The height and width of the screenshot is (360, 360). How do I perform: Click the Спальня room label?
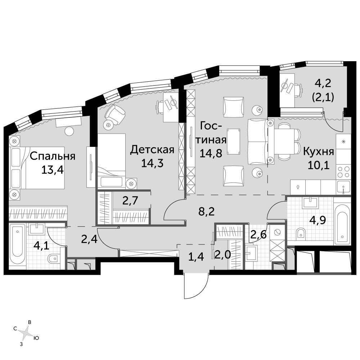[x=53, y=156]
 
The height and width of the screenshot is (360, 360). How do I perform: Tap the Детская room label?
[x=152, y=149]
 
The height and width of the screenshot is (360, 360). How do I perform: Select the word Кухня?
[x=319, y=152]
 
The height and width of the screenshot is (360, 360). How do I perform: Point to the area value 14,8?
[x=211, y=153]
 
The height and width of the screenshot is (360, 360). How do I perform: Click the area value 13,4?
[x=53, y=170]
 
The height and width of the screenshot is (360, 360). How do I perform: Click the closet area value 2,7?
[x=130, y=201]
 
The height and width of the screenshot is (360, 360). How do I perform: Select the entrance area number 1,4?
[x=196, y=257]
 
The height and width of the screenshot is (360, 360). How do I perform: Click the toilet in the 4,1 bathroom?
[x=53, y=259]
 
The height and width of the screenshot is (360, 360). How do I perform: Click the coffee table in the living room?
[x=234, y=141]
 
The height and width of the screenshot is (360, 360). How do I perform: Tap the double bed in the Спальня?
[x=37, y=168]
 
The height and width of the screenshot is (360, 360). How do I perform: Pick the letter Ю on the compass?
[x=36, y=338]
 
